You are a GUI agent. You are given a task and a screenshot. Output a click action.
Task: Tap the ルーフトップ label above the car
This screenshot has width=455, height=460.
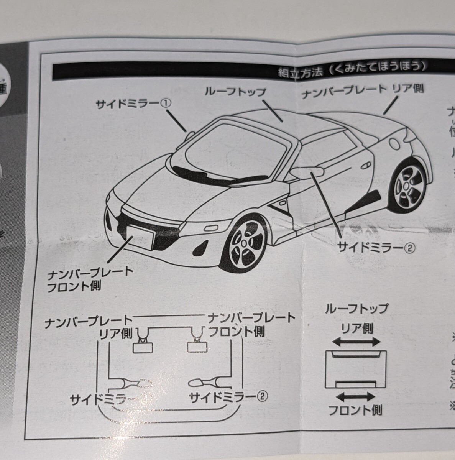tap(235, 92)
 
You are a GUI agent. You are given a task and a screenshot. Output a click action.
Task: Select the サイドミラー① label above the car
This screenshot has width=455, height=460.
tap(134, 104)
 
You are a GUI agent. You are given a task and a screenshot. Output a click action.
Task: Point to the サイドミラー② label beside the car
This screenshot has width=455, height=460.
tap(376, 247)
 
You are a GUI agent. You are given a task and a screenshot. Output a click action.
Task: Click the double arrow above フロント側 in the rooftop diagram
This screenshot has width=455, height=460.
tap(356, 397)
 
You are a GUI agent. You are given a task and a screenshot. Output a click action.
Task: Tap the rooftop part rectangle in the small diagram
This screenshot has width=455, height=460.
tap(356, 369)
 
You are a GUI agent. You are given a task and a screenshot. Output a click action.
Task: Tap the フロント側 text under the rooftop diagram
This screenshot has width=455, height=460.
tap(355, 411)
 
